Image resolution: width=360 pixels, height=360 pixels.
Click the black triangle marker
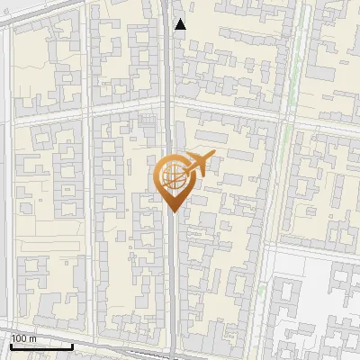tap(180, 24)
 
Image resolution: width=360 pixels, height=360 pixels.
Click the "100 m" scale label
tap(23, 338)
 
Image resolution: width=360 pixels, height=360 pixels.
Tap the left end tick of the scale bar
tap(12, 343)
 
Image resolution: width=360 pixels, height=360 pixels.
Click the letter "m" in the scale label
tap(32, 338)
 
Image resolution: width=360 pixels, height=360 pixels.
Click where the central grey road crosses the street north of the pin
tap(170, 105)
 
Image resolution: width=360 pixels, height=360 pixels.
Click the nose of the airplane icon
tap(213, 156)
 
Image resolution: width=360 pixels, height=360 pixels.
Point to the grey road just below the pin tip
tap(172, 234)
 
